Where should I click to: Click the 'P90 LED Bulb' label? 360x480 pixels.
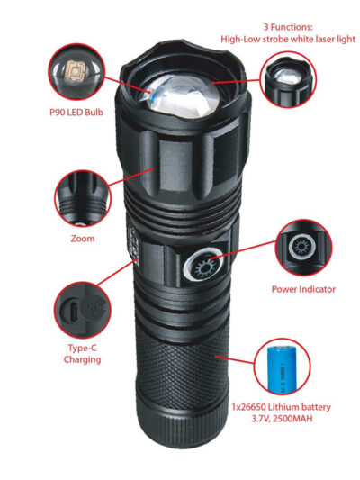click(76, 112)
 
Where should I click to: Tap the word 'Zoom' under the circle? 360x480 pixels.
click(83, 239)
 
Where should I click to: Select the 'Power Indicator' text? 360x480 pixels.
click(303, 289)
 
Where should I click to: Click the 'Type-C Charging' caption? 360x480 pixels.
click(82, 354)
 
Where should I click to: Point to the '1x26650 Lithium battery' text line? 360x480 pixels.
click(281, 407)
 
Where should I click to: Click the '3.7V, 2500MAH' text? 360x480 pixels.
click(282, 419)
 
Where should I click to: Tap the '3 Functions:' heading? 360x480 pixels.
click(288, 27)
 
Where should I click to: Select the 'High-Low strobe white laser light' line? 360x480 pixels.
click(288, 40)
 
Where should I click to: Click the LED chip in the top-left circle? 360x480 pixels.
click(75, 71)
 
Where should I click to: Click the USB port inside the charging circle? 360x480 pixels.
click(74, 311)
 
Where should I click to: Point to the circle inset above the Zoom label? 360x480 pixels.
click(83, 198)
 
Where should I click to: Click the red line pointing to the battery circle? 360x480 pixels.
click(235, 360)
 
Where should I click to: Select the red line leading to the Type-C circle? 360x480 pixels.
click(117, 272)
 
